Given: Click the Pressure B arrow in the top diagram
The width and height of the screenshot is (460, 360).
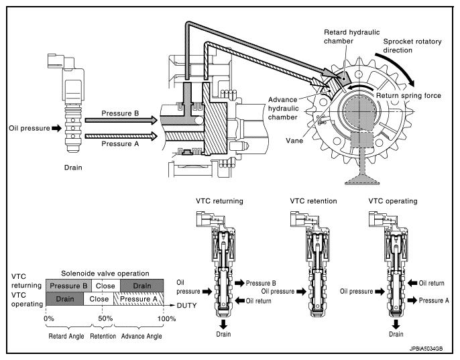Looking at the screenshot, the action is (x=121, y=120).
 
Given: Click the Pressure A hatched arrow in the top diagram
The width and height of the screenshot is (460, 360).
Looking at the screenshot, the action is (x=121, y=136).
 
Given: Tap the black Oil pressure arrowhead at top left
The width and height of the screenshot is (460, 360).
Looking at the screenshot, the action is (x=56, y=128).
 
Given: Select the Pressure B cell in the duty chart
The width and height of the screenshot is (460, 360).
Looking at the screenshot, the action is (x=68, y=286).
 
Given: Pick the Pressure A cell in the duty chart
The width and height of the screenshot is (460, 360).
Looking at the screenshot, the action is (x=138, y=299).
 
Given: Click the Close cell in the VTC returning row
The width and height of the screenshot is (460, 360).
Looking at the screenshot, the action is (x=106, y=286).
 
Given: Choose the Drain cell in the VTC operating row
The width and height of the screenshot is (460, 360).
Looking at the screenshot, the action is (x=65, y=299).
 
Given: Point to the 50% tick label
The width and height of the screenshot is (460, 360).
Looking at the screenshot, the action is (x=105, y=318).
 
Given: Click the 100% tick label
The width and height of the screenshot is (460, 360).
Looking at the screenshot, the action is (x=166, y=318).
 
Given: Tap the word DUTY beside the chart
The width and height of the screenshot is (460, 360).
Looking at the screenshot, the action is (x=186, y=306).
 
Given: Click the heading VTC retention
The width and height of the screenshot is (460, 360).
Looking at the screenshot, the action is (x=313, y=201).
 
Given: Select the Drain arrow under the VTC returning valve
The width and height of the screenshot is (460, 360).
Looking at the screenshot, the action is (x=223, y=324).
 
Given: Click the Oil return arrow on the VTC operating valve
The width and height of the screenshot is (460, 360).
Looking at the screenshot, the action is (x=412, y=283).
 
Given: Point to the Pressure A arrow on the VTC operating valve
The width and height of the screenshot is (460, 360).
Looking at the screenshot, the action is (x=412, y=300).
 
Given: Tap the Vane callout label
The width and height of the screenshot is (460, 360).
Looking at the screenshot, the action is (x=294, y=141).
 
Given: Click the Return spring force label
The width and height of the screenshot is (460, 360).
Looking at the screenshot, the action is (x=408, y=96).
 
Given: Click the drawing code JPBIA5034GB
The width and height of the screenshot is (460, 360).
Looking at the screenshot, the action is (x=426, y=349).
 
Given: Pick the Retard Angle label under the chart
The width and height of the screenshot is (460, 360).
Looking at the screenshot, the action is (x=66, y=337).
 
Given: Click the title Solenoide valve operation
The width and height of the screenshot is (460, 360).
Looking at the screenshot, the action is (x=105, y=274).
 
